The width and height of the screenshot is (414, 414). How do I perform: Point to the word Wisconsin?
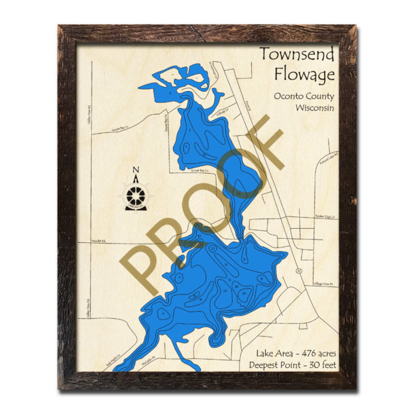pos(315,107)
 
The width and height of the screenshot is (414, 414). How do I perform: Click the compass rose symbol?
pos(136,197)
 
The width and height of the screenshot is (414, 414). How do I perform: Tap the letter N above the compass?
pos(136,170)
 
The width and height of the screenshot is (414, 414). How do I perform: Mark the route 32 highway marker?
pos(298,271)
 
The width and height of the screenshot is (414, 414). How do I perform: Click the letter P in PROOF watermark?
pos(146,271)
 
